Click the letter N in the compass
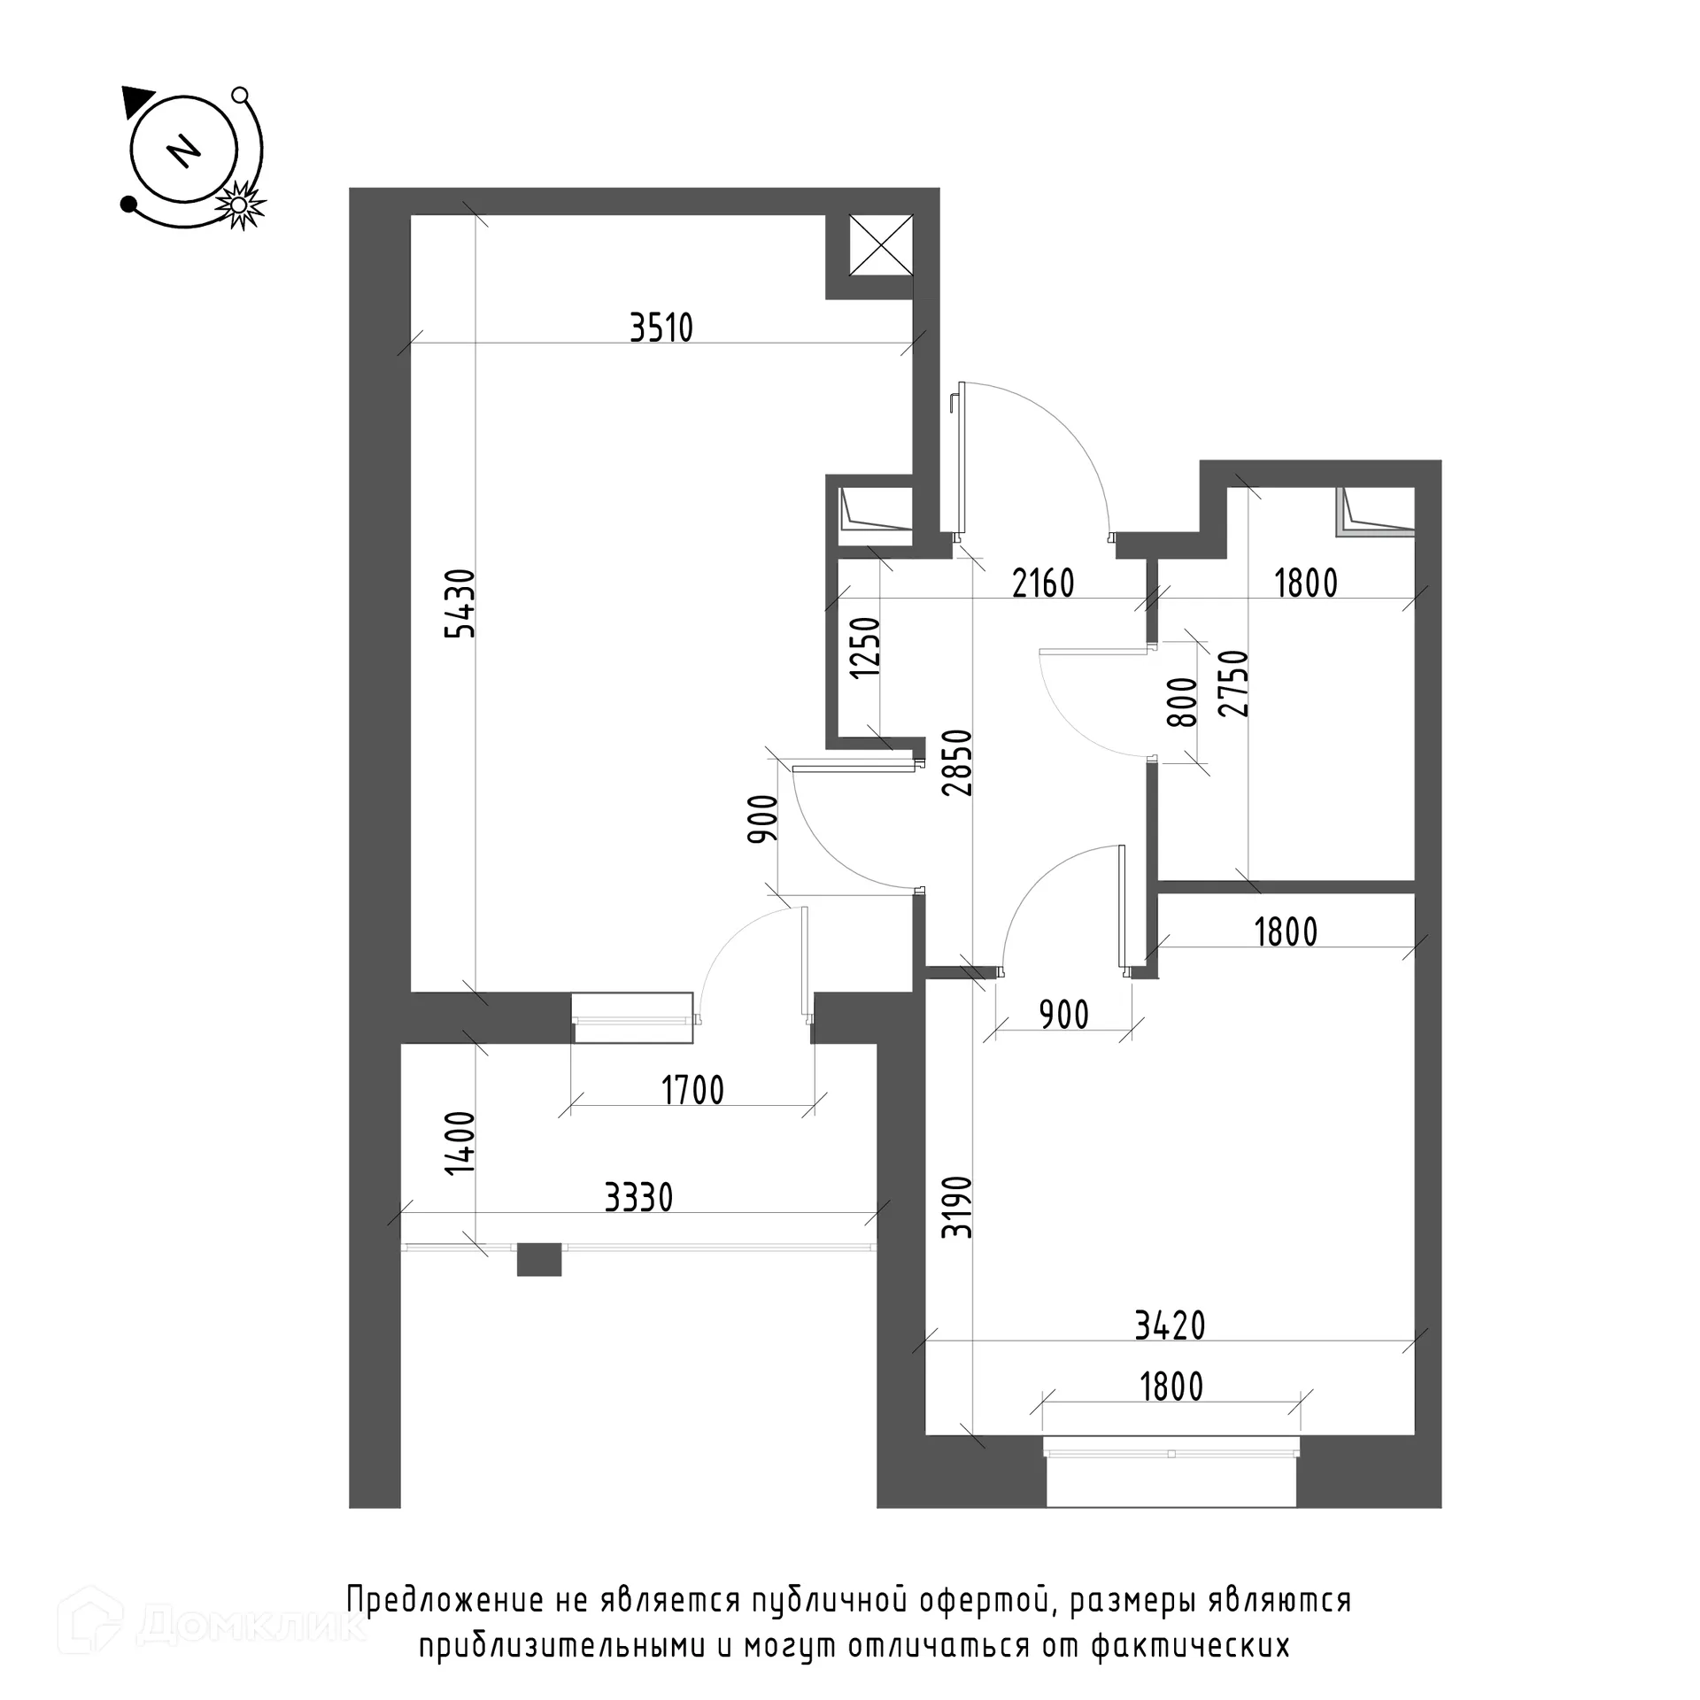tap(184, 151)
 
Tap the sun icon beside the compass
tap(238, 205)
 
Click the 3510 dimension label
tap(661, 328)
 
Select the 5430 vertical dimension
tap(462, 603)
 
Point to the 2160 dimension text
tap(1043, 583)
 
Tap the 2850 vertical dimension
tap(958, 762)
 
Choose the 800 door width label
tap(1182, 702)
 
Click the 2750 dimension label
tap(1234, 684)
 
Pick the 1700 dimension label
tap(693, 1090)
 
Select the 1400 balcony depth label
tap(461, 1143)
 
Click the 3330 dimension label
tap(638, 1198)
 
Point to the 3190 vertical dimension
tap(958, 1207)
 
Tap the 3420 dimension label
tap(1170, 1325)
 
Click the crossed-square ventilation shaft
tap(882, 245)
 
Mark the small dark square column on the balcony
tap(539, 1260)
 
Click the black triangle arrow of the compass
tap(137, 101)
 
